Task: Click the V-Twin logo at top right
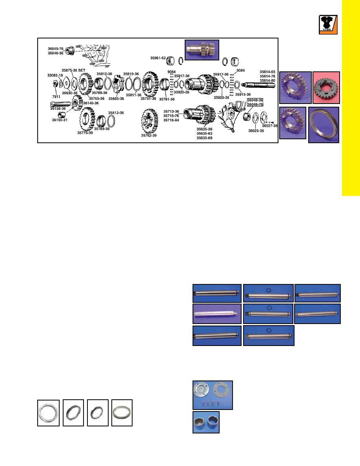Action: [328, 25]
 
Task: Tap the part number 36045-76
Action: [56, 49]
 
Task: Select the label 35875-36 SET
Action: [73, 71]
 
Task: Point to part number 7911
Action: [56, 96]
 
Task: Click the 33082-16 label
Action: [55, 75]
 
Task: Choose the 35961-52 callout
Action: [158, 58]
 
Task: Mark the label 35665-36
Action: [116, 99]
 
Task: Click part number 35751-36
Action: [148, 99]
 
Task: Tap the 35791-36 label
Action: [167, 99]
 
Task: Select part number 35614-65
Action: [267, 72]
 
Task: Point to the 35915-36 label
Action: [243, 95]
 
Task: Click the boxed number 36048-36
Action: [255, 100]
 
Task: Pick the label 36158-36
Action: [58, 109]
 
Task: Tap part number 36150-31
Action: [60, 120]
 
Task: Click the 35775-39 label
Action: [85, 133]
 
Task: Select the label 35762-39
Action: [149, 135]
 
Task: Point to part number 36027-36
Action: [270, 126]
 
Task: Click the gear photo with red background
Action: [326, 88]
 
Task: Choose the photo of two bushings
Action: [206, 422]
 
